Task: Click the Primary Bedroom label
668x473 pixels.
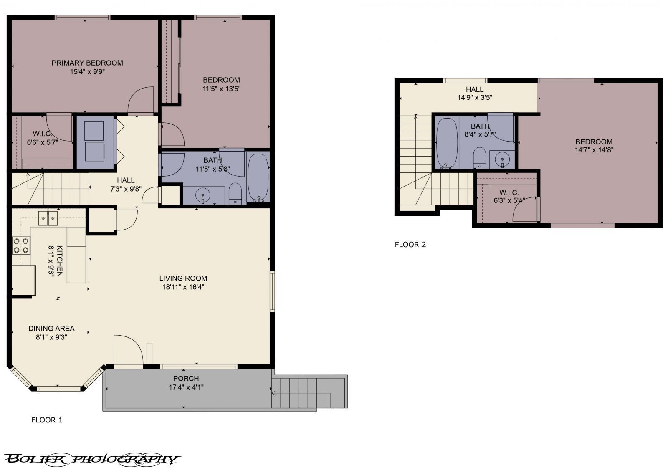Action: click(87, 63)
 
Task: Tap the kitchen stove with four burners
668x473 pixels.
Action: click(21, 245)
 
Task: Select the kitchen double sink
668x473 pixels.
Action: click(48, 218)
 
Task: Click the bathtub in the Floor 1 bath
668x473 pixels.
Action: click(258, 177)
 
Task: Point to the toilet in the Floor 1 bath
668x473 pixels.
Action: click(235, 194)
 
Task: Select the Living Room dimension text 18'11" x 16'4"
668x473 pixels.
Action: click(183, 287)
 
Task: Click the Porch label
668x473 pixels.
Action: click(186, 378)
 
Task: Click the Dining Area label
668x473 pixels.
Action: click(51, 329)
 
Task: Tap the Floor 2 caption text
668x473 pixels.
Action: click(410, 245)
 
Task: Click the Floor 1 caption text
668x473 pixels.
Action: click(47, 420)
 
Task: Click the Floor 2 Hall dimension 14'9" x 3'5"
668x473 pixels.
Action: click(475, 98)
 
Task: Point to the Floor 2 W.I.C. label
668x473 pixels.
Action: click(509, 192)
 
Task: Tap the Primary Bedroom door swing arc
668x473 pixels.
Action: click(140, 100)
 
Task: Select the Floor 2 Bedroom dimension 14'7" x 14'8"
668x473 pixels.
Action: click(594, 150)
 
